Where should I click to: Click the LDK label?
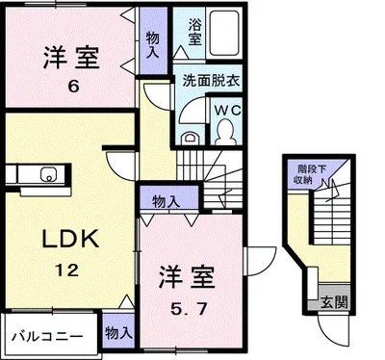[x=70, y=239]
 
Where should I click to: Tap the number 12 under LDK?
[x=66, y=270]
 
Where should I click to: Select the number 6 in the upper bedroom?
[x=73, y=86]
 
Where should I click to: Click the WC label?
[x=228, y=111]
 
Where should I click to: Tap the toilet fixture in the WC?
[x=225, y=131]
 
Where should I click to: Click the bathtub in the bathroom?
[x=224, y=34]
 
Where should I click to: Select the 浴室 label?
[x=194, y=32]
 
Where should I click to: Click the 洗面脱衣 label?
[x=212, y=80]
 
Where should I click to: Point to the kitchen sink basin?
[x=48, y=175]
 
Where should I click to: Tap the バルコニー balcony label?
[x=47, y=337]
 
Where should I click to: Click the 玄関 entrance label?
[x=334, y=302]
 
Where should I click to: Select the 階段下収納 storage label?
[x=306, y=174]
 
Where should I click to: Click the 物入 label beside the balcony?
[x=118, y=333]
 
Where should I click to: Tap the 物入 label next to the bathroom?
[x=152, y=44]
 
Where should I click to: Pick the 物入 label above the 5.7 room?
[x=166, y=202]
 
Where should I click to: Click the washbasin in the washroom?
[x=190, y=139]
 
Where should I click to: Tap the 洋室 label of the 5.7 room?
[x=187, y=277]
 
